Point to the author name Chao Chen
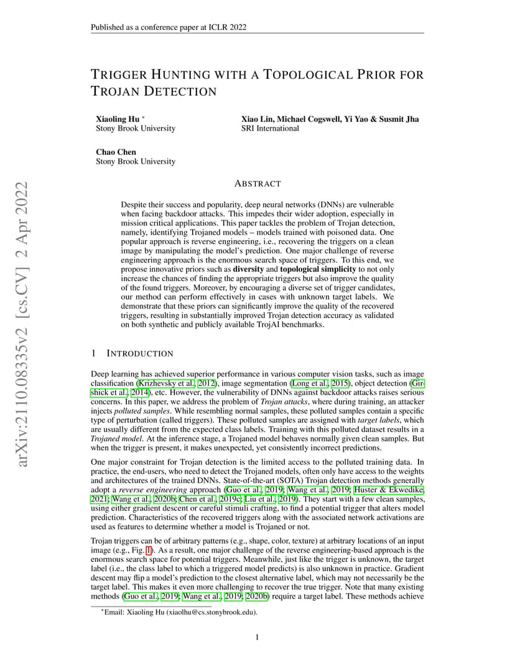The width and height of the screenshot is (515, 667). [116, 152]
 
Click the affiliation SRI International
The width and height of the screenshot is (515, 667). [270, 129]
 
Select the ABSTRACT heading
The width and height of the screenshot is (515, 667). [257, 184]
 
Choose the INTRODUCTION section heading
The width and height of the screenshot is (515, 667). [140, 353]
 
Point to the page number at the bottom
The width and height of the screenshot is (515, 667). [257, 637]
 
